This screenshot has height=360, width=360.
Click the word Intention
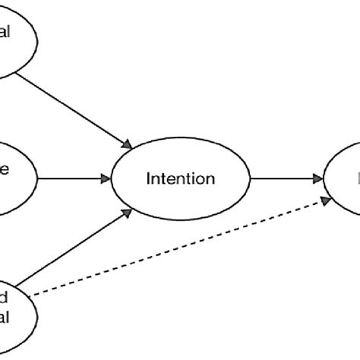coord(181,179)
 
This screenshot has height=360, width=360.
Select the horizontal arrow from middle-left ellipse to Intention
coord(72,179)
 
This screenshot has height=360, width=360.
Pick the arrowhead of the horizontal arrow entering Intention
coord(106,179)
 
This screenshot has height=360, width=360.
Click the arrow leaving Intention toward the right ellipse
coord(285,179)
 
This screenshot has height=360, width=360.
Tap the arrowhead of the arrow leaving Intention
coord(317,179)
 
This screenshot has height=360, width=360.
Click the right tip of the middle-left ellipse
coord(36,179)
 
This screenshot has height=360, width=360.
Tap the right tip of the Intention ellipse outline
coord(250,179)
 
